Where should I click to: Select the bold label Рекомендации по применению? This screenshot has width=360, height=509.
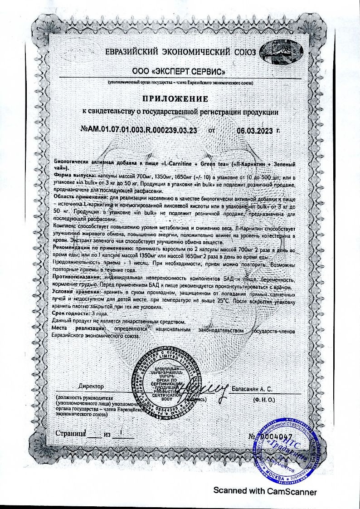click(x=92, y=249)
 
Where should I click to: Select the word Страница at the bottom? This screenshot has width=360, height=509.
click(x=70, y=434)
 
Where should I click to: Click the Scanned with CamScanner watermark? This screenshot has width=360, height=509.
click(x=265, y=491)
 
